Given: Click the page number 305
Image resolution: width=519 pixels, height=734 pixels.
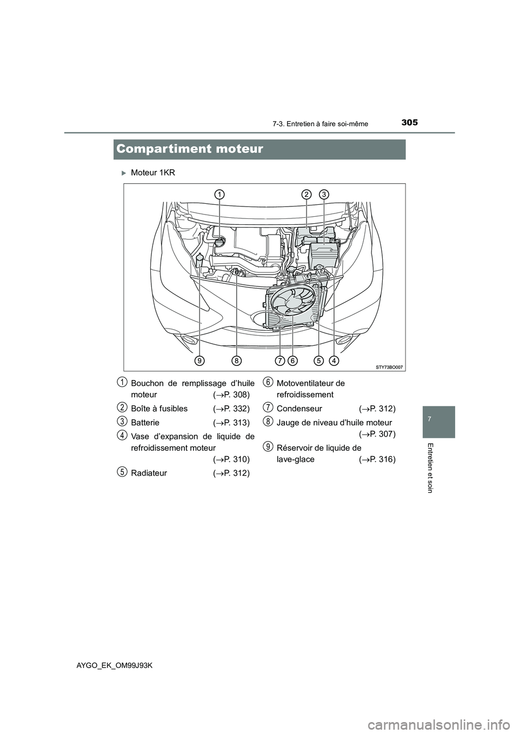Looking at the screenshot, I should [409, 122].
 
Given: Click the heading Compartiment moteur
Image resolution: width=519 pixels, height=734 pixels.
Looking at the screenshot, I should [190, 149].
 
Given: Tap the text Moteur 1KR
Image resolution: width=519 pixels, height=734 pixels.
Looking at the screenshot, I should [153, 173].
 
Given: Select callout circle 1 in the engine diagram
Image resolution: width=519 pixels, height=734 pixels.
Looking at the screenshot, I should [219, 195].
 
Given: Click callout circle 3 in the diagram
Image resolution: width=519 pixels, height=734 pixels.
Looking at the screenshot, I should [323, 195].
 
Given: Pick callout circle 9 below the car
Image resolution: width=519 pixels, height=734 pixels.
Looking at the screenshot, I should [199, 360].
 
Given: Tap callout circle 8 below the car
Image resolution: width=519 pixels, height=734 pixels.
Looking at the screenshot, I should [236, 360].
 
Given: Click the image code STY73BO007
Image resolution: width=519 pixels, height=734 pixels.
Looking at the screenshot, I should [389, 366].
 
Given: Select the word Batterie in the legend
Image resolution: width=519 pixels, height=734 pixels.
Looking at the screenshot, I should [145, 423].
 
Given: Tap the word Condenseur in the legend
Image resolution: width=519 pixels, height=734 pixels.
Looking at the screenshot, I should [299, 409].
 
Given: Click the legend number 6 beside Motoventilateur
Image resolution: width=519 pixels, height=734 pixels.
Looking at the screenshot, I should [268, 382].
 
